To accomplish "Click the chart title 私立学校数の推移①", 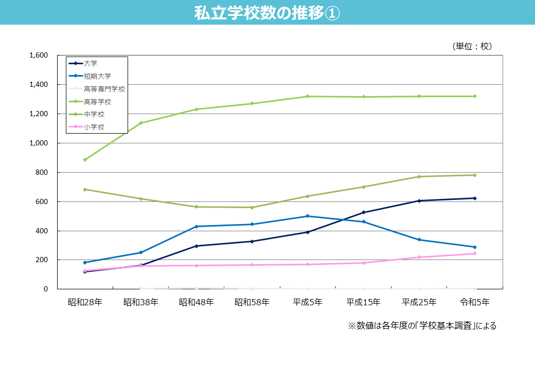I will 267,13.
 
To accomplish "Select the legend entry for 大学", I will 91,63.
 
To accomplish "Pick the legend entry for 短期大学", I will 97,76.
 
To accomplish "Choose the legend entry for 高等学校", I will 97,102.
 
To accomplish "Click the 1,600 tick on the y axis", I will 39,55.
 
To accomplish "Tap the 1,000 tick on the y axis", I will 39,143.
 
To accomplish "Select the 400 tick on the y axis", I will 42,231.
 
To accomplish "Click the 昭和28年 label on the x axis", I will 85,302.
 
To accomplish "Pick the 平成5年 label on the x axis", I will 308,302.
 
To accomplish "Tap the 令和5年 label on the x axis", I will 474,302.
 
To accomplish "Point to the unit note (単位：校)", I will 472,46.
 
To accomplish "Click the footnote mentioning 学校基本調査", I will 422,326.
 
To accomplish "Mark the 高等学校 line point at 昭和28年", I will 85,160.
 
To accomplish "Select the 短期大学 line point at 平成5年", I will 308,216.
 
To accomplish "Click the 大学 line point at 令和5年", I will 474,198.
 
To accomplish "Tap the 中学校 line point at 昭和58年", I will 252,208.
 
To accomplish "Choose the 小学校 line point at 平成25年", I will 419,257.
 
